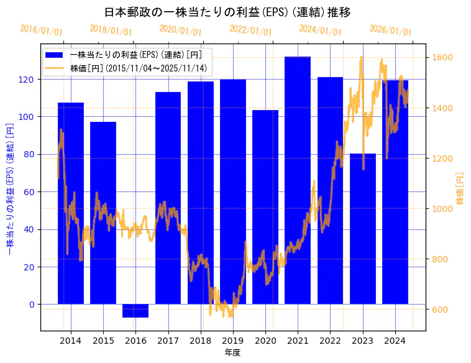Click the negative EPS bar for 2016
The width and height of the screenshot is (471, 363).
pos(135,311)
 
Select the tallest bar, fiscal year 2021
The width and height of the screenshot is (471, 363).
pos(298,180)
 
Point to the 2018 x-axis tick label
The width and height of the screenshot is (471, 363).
pos(200,341)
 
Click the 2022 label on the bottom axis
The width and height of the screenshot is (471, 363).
pos(330,341)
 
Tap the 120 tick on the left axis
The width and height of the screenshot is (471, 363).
pos(29,80)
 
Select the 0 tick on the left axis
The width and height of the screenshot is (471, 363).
pos(32,305)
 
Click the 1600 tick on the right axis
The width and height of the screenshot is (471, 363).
pos(443,58)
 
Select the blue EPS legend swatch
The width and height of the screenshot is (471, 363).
pos(54,55)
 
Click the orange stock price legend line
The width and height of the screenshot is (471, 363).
pos(54,68)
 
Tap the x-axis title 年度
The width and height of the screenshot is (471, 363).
pos(232,352)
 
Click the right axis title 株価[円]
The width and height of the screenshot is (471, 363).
pos(460,189)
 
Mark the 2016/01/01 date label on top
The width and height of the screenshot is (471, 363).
pos(41,30)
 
